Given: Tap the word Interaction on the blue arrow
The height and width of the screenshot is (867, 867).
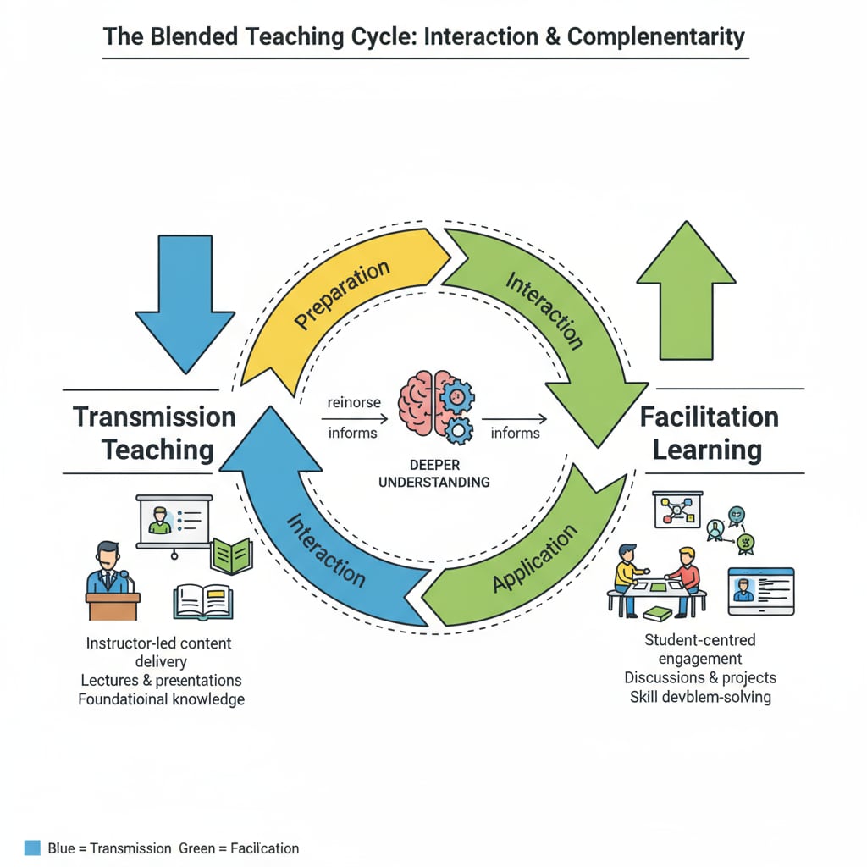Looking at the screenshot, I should tap(326, 550).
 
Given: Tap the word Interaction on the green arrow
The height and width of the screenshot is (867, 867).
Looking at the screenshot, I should tap(544, 310).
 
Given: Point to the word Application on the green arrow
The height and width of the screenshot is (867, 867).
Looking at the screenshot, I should tap(534, 560).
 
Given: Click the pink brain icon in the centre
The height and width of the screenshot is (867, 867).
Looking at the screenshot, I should tap(421, 406).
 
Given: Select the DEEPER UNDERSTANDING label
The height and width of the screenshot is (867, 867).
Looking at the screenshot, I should tap(433, 474).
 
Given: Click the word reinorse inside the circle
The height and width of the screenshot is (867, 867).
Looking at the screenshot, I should tap(353, 403).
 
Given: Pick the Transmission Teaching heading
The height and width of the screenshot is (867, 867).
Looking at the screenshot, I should tap(154, 433).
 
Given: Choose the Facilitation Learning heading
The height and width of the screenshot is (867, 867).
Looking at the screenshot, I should tap(709, 433).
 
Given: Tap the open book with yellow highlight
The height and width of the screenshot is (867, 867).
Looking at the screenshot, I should tap(202, 602).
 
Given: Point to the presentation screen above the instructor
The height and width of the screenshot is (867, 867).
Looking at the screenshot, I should tap(174, 522).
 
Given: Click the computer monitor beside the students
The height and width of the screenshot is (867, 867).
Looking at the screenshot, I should tap(761, 590).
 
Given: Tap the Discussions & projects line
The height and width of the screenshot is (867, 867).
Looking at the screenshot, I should tap(700, 677).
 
